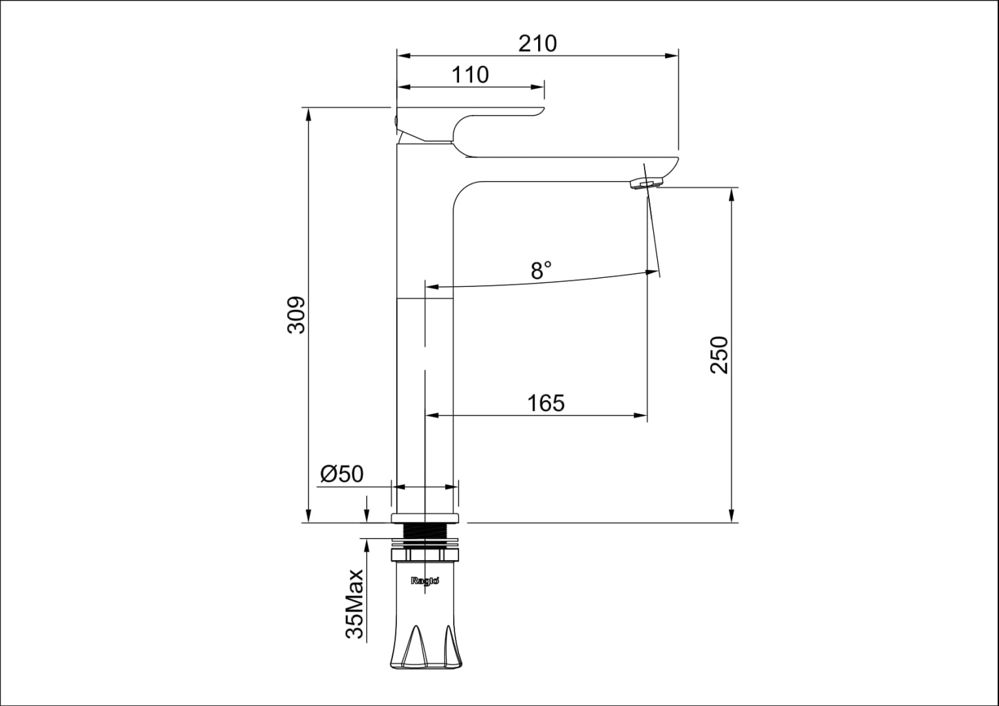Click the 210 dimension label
pos(537,44)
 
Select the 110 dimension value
pos(470,75)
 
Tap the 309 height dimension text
pos(296,314)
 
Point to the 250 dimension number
pos(719,355)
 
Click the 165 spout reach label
pos(546,403)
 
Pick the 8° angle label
pos(541,270)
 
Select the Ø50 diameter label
pos(342,474)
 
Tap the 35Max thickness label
pos(356,604)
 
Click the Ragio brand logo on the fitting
pos(425,580)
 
